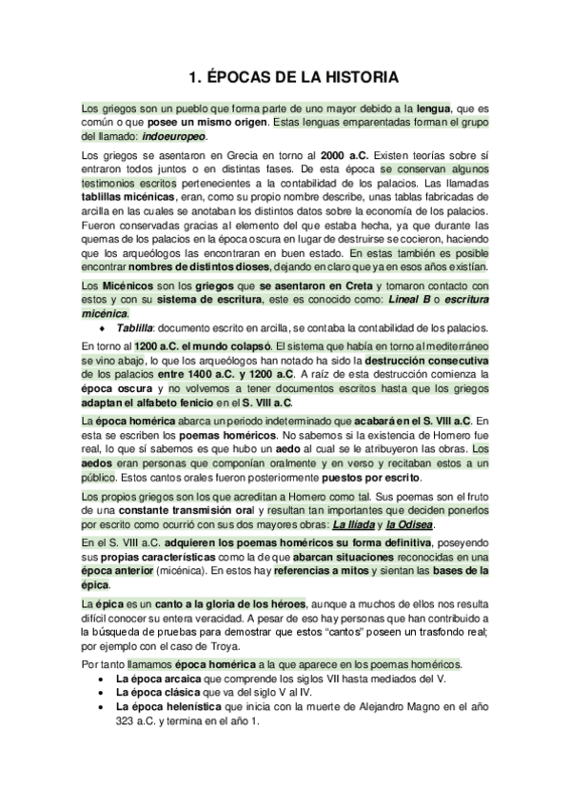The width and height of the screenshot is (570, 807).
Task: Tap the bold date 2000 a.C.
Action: [345, 155]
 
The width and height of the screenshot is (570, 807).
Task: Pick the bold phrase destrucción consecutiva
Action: [429, 363]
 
